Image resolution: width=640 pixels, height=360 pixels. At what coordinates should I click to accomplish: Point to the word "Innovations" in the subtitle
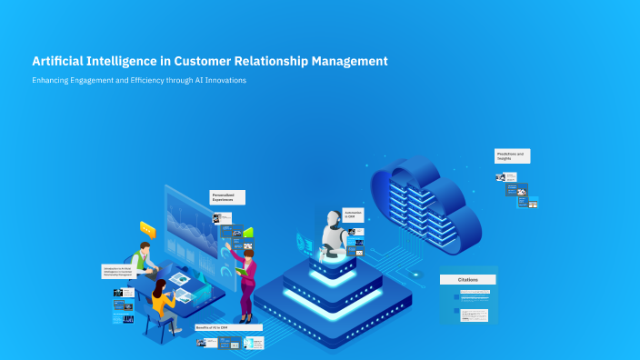[x=226, y=80]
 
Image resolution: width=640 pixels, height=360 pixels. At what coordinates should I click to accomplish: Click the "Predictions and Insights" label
[x=512, y=156]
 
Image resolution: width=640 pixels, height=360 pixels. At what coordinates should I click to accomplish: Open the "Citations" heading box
[x=468, y=280]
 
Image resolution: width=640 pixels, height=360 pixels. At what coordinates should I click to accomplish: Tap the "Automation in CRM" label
[x=354, y=215]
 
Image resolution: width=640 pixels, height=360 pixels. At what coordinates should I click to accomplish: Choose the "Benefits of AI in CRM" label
[x=228, y=327]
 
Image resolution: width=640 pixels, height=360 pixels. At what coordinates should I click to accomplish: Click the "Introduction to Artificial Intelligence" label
[x=118, y=272]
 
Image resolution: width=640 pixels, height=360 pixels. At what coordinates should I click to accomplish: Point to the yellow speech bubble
[x=147, y=231]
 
